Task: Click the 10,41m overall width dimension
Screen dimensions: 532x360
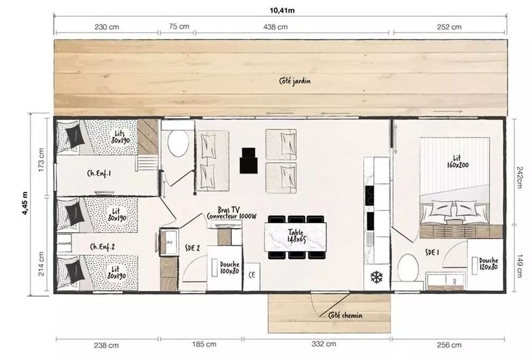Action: tap(282, 11)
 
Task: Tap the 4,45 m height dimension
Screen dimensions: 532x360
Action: tap(25, 203)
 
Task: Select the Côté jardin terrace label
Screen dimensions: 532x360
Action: tap(294, 81)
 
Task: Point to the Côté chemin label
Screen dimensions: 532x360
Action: tap(345, 316)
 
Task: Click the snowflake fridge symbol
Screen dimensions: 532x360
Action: tap(376, 277)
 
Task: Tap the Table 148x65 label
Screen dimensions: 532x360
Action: tap(297, 236)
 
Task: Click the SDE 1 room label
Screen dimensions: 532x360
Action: tap(432, 253)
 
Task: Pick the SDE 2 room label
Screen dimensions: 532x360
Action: tap(192, 248)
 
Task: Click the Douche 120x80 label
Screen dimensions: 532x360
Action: tap(489, 264)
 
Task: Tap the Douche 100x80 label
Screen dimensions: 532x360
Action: tap(230, 268)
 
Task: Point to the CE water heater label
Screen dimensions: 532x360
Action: tap(252, 275)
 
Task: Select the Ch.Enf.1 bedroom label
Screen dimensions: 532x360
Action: tap(99, 173)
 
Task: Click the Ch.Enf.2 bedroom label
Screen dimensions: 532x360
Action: tap(103, 247)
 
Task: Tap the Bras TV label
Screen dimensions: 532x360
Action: tap(229, 210)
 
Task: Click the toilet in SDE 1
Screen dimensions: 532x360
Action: tap(408, 268)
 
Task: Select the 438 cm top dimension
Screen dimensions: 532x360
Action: tap(275, 27)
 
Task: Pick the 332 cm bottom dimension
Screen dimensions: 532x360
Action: tap(324, 344)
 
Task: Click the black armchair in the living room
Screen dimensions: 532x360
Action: tap(249, 161)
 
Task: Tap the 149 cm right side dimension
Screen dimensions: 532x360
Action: tap(519, 266)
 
